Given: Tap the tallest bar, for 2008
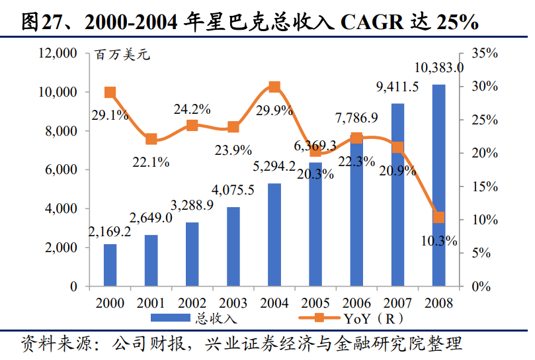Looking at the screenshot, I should pyautogui.click(x=438, y=185).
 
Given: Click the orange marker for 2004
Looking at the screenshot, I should pyautogui.click(x=274, y=87).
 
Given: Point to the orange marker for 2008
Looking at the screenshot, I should pyautogui.click(x=438, y=217).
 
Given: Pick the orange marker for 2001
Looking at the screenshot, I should pyautogui.click(x=151, y=139).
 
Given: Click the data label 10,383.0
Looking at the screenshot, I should pyautogui.click(x=438, y=67).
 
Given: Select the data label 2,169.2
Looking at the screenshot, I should pyautogui.click(x=110, y=232).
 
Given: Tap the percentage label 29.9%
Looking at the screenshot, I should pyautogui.click(x=274, y=111).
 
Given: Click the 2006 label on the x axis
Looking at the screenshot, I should pyautogui.click(x=357, y=304).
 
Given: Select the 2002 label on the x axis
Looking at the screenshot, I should pyautogui.click(x=192, y=304).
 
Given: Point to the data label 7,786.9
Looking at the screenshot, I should pyautogui.click(x=356, y=118).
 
